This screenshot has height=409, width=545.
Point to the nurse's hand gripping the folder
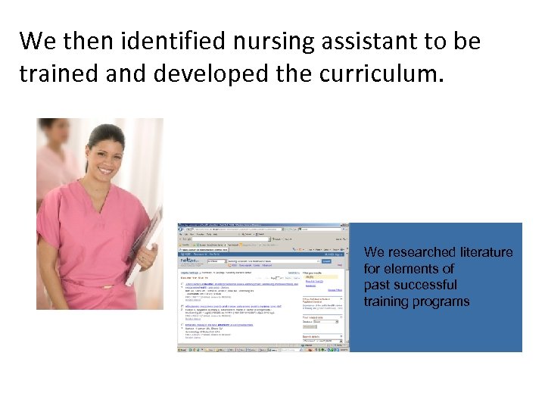tap(147, 261)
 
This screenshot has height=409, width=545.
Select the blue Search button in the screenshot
tap(326, 261)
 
